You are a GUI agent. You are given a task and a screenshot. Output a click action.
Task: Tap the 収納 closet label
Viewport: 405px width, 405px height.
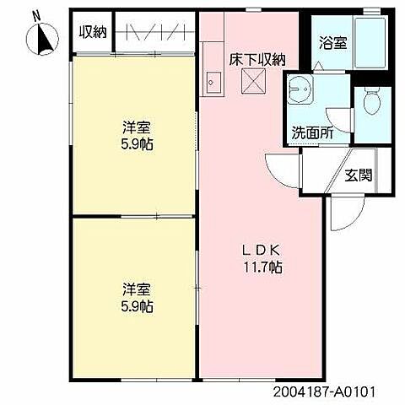coord(92,33)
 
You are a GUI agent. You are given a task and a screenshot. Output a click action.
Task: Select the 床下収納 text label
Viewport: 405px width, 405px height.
coord(257,59)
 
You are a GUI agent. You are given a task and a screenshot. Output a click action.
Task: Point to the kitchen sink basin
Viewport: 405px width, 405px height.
coord(212,83)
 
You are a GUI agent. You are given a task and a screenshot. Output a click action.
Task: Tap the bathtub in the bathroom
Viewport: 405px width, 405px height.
coord(368,41)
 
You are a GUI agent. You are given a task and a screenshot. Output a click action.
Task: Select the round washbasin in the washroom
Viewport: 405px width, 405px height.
coord(300,91)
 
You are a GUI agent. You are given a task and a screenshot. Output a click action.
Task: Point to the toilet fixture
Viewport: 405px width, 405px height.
coord(371,102)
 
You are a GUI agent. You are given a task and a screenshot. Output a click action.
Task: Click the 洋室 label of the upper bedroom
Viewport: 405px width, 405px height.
coord(135,127)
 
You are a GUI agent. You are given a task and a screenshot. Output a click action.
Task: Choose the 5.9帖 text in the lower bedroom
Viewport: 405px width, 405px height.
coord(135,305)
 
